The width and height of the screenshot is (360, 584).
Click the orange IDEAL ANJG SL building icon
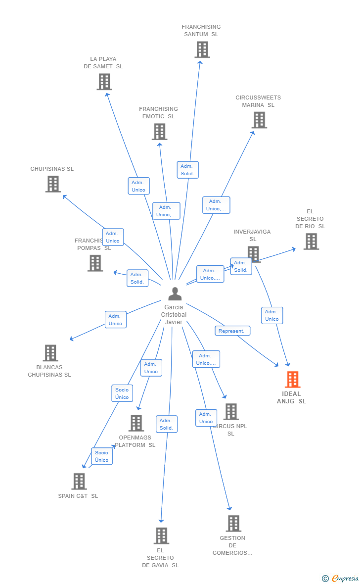click(x=293, y=380)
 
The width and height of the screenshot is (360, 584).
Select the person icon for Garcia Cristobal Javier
click(x=175, y=294)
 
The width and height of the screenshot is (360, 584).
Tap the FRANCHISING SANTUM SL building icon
click(x=202, y=49)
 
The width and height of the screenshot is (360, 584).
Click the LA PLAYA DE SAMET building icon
click(x=104, y=82)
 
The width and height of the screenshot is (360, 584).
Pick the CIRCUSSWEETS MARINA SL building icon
click(x=259, y=120)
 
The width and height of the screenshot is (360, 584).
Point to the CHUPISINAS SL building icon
click(x=53, y=184)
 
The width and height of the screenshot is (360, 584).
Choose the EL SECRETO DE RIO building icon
click(x=311, y=242)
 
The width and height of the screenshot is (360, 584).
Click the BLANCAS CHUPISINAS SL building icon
click(x=50, y=353)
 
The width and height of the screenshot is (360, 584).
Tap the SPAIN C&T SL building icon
click(x=79, y=481)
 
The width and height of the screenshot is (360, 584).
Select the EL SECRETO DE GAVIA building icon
click(x=161, y=535)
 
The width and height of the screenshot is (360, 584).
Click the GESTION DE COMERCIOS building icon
click(x=233, y=523)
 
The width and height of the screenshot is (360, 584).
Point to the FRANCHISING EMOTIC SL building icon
click(x=159, y=132)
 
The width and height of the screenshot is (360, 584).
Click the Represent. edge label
click(x=232, y=331)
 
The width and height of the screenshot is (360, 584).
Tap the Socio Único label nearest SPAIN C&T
click(x=102, y=456)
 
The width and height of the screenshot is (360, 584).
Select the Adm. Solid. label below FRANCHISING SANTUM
click(x=187, y=170)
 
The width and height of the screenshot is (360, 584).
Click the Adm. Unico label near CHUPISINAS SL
click(x=113, y=237)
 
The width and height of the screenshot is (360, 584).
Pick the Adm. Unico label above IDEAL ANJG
click(x=272, y=315)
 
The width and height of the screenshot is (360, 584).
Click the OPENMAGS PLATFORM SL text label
click(x=135, y=441)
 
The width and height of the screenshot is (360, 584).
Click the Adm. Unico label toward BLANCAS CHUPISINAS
click(x=115, y=320)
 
